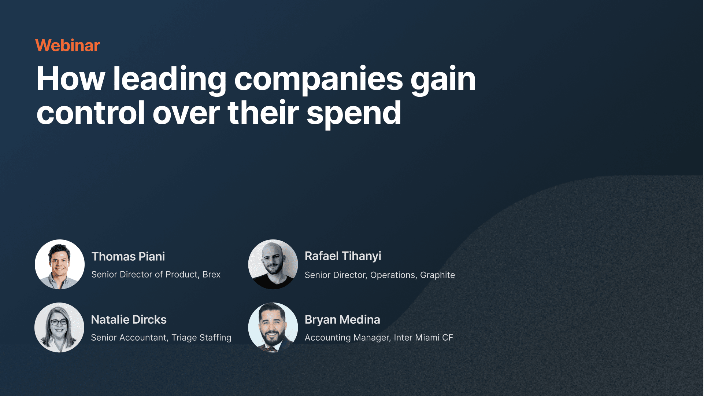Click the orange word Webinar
(x=68, y=45)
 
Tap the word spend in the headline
(x=354, y=114)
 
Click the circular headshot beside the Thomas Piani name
(x=60, y=264)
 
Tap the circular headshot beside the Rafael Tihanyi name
(x=273, y=264)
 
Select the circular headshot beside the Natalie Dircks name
(x=59, y=327)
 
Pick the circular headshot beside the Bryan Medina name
(x=273, y=327)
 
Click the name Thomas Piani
(x=128, y=256)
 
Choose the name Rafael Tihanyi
(x=343, y=256)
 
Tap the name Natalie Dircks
(x=129, y=319)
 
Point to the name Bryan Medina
(x=342, y=320)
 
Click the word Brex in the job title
(x=211, y=274)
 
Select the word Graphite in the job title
(x=437, y=275)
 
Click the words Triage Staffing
(x=201, y=337)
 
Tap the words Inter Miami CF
(x=423, y=337)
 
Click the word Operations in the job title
(x=394, y=275)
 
